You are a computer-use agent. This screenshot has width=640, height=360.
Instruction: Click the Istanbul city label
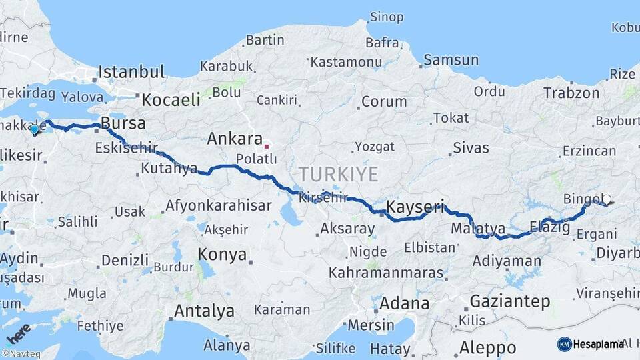[131, 71]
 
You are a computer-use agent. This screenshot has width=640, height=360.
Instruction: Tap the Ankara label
[234, 139]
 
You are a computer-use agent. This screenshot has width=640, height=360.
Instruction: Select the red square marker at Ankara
[266, 145]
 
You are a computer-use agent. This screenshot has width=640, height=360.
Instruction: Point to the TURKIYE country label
[338, 175]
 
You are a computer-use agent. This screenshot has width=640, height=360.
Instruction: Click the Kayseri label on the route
[415, 207]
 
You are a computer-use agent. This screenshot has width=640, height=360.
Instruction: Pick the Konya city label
[222, 255]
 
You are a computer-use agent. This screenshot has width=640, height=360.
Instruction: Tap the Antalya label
[204, 311]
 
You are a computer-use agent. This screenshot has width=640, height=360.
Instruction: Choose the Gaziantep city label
[510, 301]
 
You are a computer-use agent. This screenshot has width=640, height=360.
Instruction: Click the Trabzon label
[571, 93]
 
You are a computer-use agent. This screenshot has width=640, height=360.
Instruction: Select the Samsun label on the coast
[451, 60]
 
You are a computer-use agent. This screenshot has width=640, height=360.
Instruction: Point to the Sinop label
[387, 17]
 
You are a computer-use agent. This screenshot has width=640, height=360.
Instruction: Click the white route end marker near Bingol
[606, 199]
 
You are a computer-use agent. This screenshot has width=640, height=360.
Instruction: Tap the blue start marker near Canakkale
[35, 130]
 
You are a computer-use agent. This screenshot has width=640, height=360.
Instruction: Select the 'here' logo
[18, 332]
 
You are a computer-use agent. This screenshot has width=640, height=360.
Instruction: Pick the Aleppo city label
[487, 347]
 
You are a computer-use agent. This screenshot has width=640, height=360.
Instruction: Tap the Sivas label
[471, 147]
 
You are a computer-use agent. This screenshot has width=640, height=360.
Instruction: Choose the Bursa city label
[123, 123]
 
